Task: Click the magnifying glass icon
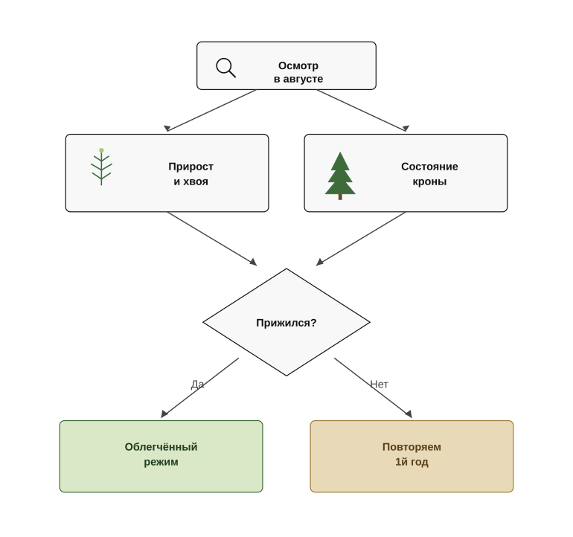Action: [x=225, y=68]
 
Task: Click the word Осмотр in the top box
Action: [x=298, y=65]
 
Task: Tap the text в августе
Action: [x=298, y=79]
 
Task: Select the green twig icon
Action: [x=102, y=167]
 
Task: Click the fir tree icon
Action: [x=340, y=176]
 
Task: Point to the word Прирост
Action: [x=191, y=167]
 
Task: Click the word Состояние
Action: [x=429, y=167]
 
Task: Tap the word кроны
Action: [x=429, y=181]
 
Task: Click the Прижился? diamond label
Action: [x=286, y=323]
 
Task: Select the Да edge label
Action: [x=197, y=385]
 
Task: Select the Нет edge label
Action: [x=379, y=385]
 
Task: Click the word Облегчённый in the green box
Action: [x=161, y=447]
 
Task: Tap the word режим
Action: [x=161, y=462]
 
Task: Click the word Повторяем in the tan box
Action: [x=412, y=447]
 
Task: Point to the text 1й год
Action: [x=412, y=462]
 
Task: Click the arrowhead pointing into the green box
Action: [x=164, y=414]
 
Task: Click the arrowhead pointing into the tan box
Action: [x=409, y=414]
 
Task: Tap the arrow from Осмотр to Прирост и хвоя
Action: [x=210, y=111]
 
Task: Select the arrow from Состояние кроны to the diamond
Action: [x=361, y=239]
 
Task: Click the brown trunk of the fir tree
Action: [x=340, y=197]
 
